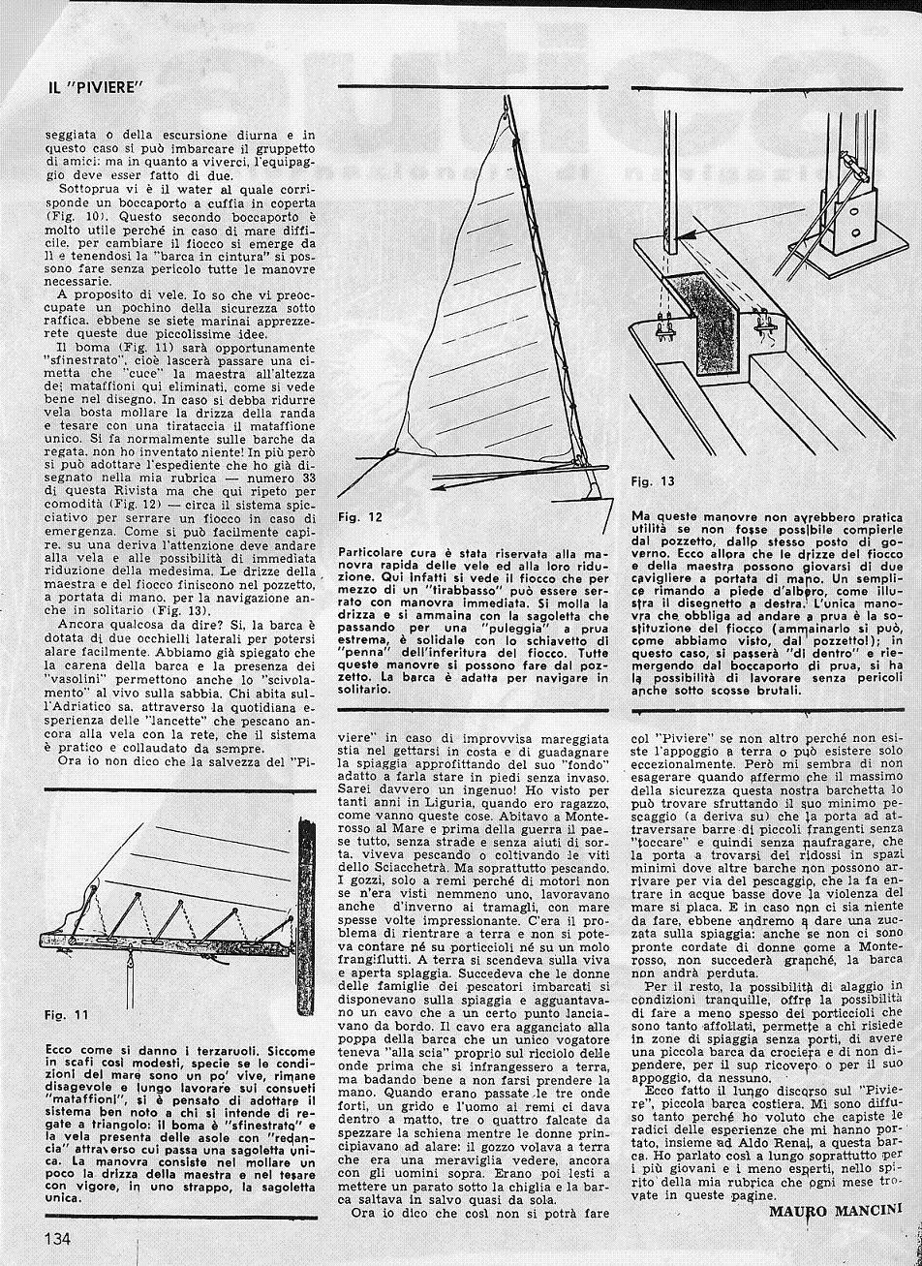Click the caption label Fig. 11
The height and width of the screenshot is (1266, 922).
click(x=67, y=1014)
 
